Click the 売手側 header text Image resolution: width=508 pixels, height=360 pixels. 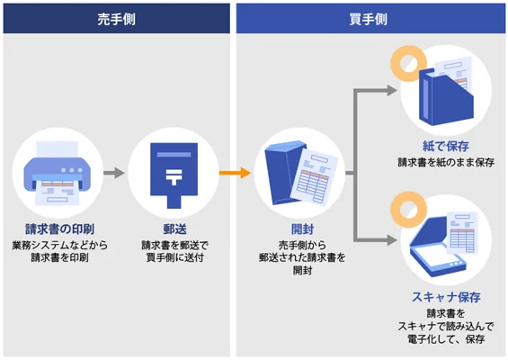[x=116, y=18]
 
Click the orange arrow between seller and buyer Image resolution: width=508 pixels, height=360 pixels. [x=234, y=171]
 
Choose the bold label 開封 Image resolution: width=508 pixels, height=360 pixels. [x=300, y=229]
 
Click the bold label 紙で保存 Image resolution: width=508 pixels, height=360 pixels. [x=446, y=147]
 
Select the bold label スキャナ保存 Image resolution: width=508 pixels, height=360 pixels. [x=446, y=297]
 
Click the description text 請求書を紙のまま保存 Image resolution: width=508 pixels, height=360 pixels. [x=446, y=163]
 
